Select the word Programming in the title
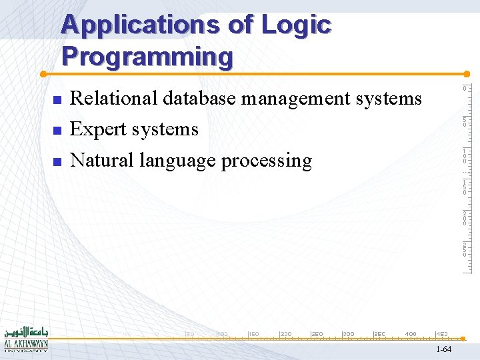tap(147, 57)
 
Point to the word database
tap(197, 99)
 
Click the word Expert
tap(99, 129)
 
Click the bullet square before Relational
tap(57, 100)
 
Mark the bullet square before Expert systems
tap(57, 131)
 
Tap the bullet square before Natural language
tap(57, 162)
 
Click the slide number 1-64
tap(443, 350)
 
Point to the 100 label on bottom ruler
tap(222, 333)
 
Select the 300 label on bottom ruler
tap(348, 333)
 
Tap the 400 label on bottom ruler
tap(411, 333)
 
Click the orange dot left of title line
tap(42, 73)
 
